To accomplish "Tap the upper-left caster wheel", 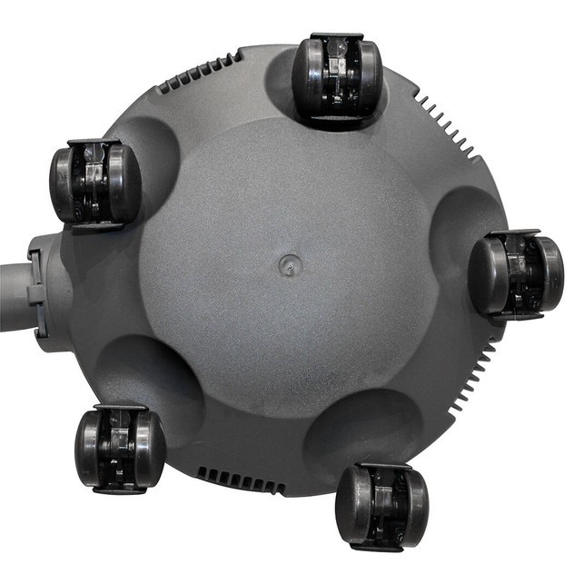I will point(94,183).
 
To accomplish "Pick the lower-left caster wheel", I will point(119,449).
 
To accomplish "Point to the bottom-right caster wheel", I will point(381,506).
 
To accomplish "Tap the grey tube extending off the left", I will point(14,295).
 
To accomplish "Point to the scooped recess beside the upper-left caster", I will point(154,150).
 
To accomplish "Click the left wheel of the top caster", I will point(306,79).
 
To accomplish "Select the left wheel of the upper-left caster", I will point(64,183).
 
